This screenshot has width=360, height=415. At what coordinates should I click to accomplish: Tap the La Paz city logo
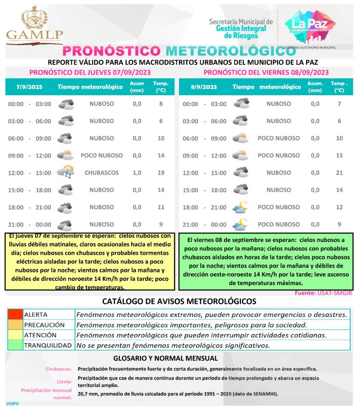pos(310,26)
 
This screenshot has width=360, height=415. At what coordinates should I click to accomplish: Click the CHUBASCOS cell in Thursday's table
pos(102,173)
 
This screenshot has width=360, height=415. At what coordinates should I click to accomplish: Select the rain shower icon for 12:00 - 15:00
pos(66,173)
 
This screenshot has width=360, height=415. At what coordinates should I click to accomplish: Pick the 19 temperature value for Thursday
pos(161,173)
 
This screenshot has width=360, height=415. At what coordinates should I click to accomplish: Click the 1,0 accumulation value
pos(137,173)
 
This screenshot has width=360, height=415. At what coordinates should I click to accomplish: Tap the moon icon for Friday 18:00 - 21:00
pos(241,207)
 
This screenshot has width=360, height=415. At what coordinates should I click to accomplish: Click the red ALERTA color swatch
pos(15,314)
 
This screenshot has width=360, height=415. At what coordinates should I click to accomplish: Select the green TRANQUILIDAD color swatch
pos(15,346)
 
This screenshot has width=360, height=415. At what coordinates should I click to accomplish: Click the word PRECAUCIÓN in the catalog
pos(44,324)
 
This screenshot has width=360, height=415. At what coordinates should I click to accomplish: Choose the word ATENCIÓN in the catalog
pos(40,335)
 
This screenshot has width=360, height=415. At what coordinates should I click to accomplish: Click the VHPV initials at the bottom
pos(12,404)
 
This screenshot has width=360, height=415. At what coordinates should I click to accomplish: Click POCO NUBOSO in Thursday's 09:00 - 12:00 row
pos(102,155)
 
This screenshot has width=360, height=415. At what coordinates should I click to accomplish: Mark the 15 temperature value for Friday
pos(339,155)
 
